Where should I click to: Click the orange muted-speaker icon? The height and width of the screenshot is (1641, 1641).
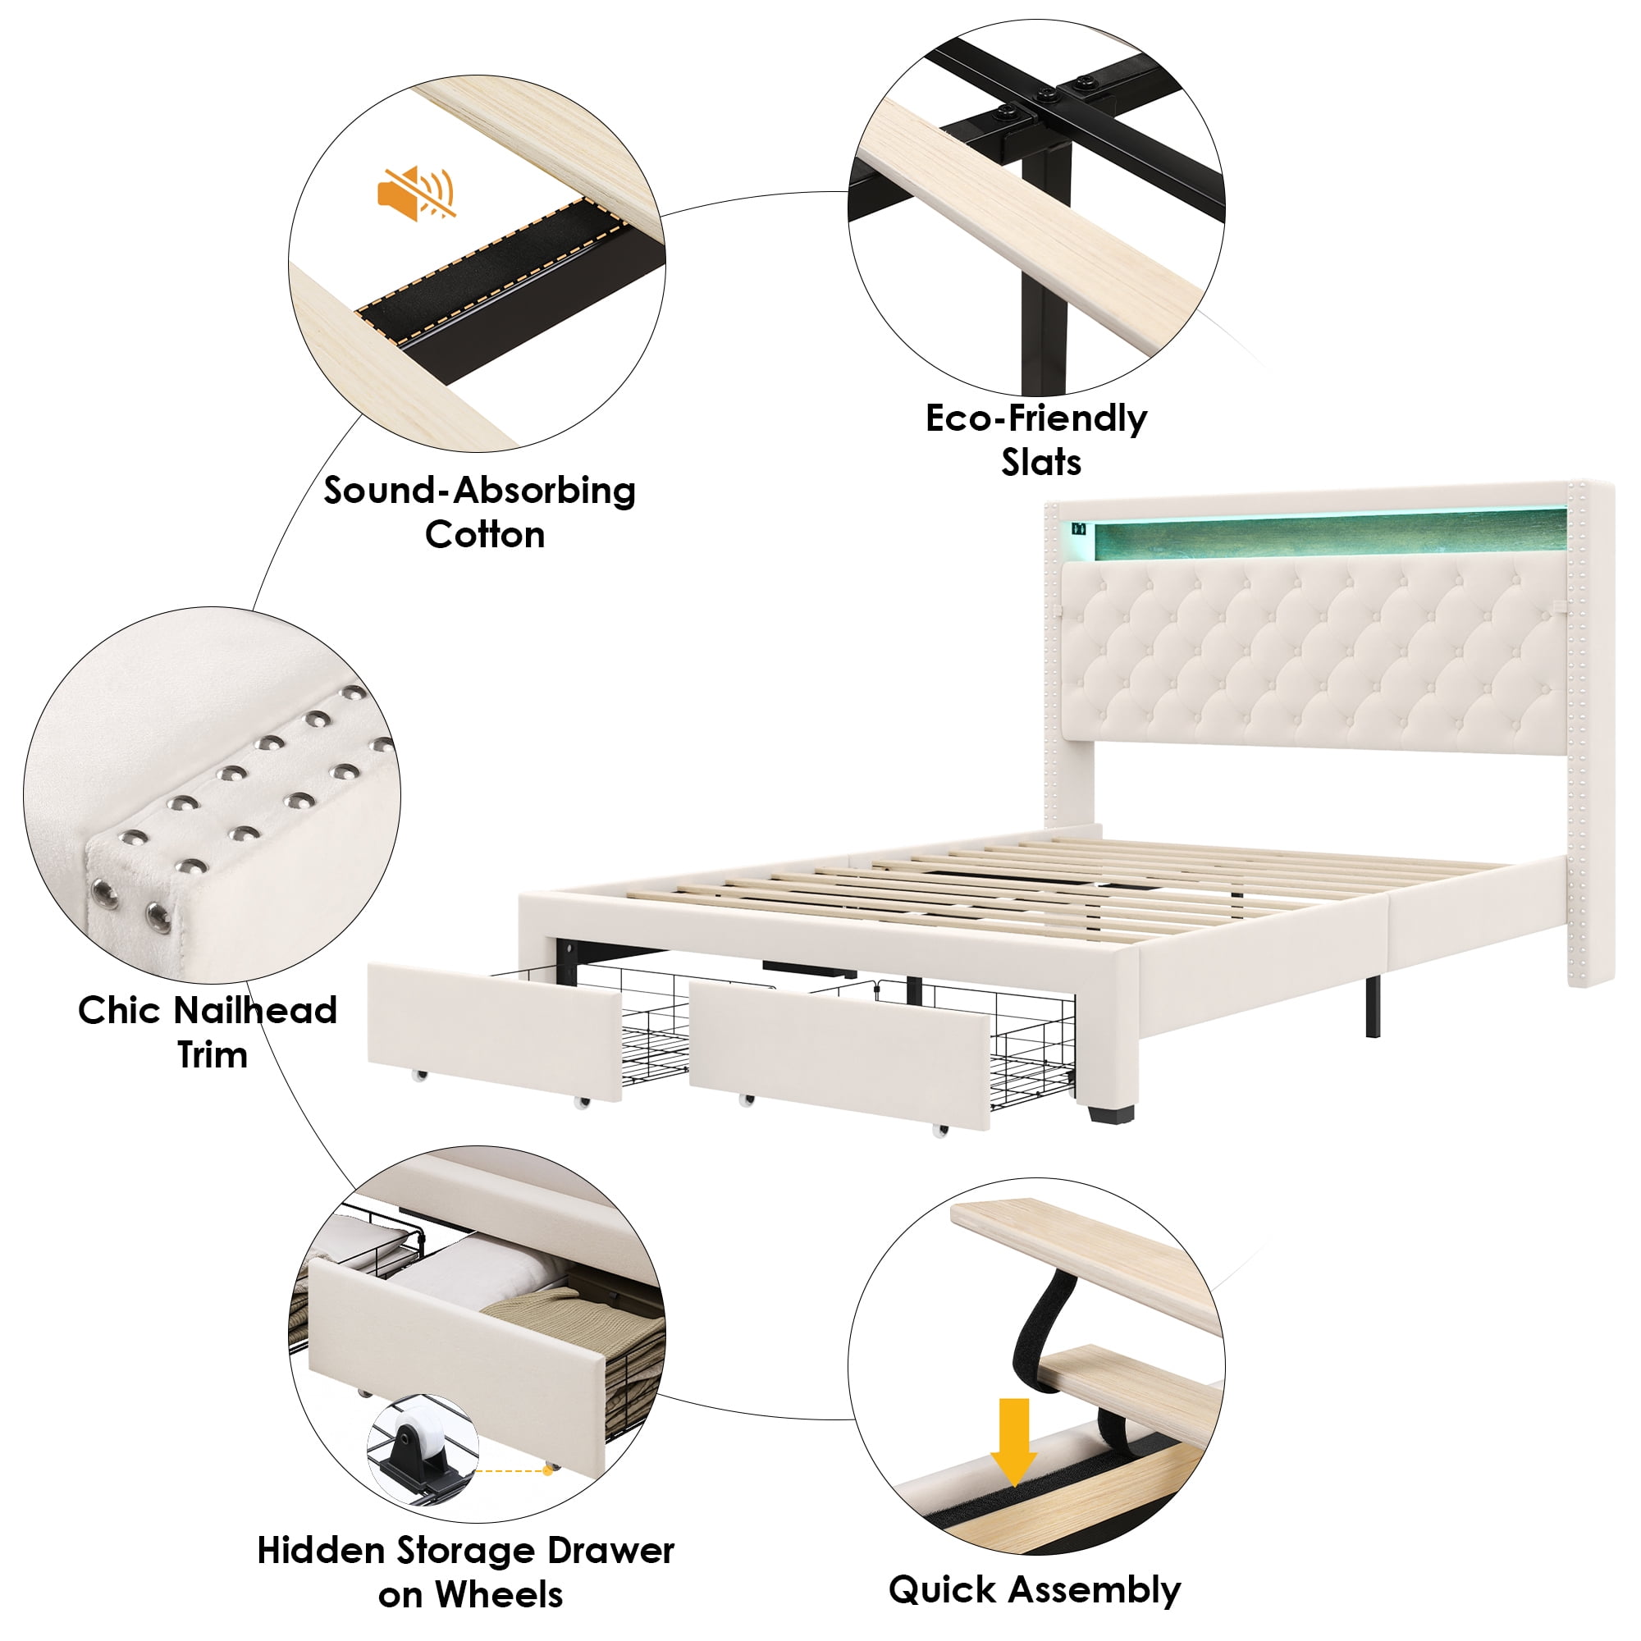(x=415, y=194)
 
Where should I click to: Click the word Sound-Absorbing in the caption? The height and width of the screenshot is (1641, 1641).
(x=479, y=491)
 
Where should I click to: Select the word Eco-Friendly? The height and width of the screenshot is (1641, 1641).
(x=1035, y=419)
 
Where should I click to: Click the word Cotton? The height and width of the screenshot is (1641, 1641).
(x=485, y=536)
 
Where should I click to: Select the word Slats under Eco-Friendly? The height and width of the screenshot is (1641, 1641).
(x=1041, y=463)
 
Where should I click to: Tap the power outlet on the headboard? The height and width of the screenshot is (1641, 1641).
(x=1079, y=528)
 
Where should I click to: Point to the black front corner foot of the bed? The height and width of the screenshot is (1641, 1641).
(x=1111, y=1112)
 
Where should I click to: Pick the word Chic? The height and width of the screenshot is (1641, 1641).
(x=123, y=1011)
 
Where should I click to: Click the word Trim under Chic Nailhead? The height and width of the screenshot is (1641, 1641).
(x=213, y=1056)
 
